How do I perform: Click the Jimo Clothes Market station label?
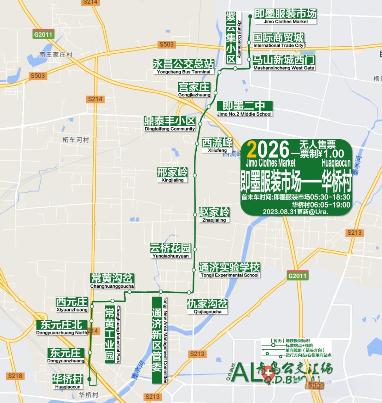click(x=285, y=17)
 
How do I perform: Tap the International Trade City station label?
click(x=278, y=40)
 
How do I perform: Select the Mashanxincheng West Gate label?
click(x=284, y=63)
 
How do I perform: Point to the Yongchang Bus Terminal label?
click(x=183, y=66)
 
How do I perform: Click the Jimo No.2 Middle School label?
click(x=244, y=109)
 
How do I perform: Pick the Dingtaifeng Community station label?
click(x=170, y=124)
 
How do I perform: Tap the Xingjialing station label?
click(x=173, y=175)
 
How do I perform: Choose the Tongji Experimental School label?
click(x=229, y=270)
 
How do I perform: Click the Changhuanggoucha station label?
click(x=112, y=281)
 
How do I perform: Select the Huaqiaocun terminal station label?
click(x=68, y=381)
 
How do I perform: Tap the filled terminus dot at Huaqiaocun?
click(x=89, y=379)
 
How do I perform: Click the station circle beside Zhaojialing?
click(x=195, y=215)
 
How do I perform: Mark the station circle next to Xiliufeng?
click(x=197, y=143)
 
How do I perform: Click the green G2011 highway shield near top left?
click(x=43, y=35)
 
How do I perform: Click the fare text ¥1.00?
click(x=330, y=153)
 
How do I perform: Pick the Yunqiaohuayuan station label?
click(x=170, y=251)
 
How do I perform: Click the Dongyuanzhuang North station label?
click(x=62, y=327)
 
